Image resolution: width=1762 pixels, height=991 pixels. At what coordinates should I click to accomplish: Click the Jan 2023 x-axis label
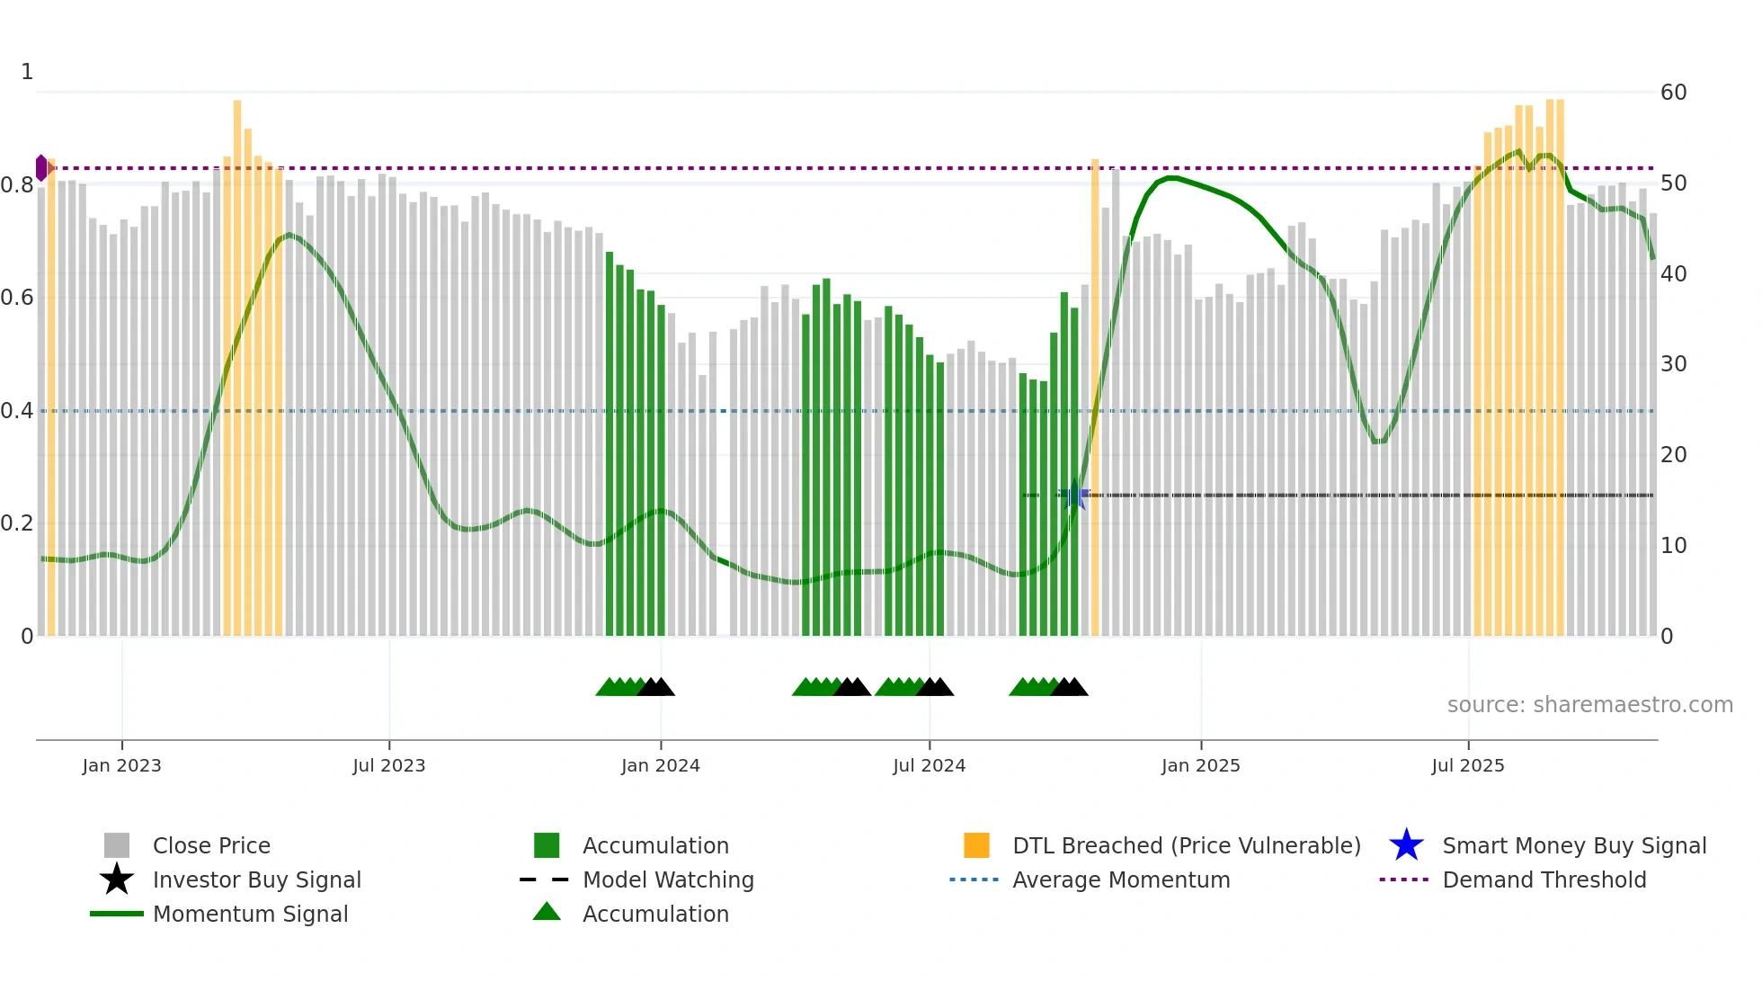(x=121, y=765)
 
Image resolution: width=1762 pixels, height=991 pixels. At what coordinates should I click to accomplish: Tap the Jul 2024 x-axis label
(x=929, y=765)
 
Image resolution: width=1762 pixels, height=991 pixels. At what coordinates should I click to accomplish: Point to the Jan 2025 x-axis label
(x=1200, y=765)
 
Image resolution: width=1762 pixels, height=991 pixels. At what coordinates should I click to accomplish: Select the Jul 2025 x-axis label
(x=1467, y=765)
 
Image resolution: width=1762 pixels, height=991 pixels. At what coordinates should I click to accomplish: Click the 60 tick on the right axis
(x=1673, y=93)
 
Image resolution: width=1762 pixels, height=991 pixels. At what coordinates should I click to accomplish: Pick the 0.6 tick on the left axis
(x=17, y=298)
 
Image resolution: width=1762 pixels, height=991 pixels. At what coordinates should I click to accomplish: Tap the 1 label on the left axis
(x=27, y=72)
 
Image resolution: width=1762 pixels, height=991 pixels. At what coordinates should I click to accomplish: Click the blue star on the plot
(x=1074, y=495)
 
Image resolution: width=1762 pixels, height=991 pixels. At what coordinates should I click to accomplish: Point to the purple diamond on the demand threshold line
(x=41, y=168)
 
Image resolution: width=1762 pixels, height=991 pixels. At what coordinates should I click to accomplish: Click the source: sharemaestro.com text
(x=1589, y=705)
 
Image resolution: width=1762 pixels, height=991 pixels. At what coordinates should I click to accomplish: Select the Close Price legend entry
(x=211, y=845)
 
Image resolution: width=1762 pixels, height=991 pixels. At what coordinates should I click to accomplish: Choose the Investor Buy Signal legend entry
(x=256, y=879)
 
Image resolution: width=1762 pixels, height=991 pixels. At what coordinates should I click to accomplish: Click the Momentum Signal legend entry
(x=250, y=914)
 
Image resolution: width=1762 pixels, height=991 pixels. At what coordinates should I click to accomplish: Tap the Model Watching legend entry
(x=668, y=879)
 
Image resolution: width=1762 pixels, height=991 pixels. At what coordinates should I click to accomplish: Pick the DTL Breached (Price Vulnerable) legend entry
(x=1186, y=845)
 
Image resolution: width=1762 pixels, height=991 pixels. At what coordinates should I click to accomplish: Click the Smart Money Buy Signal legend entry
(x=1574, y=845)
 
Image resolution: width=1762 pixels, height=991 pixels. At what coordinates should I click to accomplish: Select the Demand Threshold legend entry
(x=1544, y=879)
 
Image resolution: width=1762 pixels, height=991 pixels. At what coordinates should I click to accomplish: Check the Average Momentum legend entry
(x=1121, y=879)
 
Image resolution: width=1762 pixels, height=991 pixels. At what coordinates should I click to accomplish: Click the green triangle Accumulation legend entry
(x=655, y=914)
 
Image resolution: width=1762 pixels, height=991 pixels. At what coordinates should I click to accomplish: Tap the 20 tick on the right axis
(x=1673, y=455)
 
